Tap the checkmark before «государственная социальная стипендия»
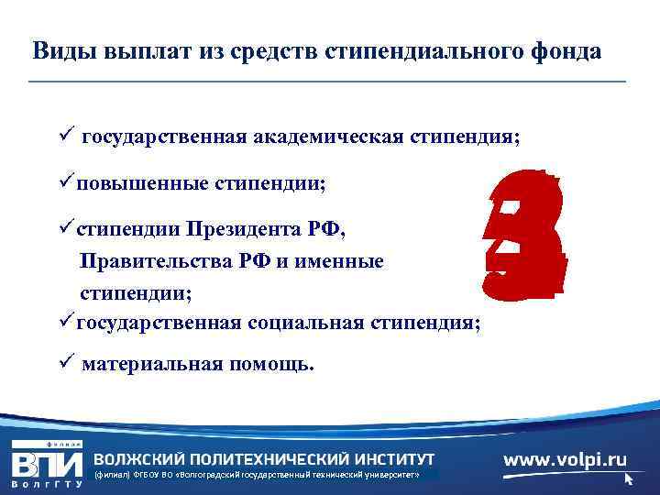pos(67,321)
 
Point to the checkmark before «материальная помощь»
pos(63,364)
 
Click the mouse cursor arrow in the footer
pos(629,478)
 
